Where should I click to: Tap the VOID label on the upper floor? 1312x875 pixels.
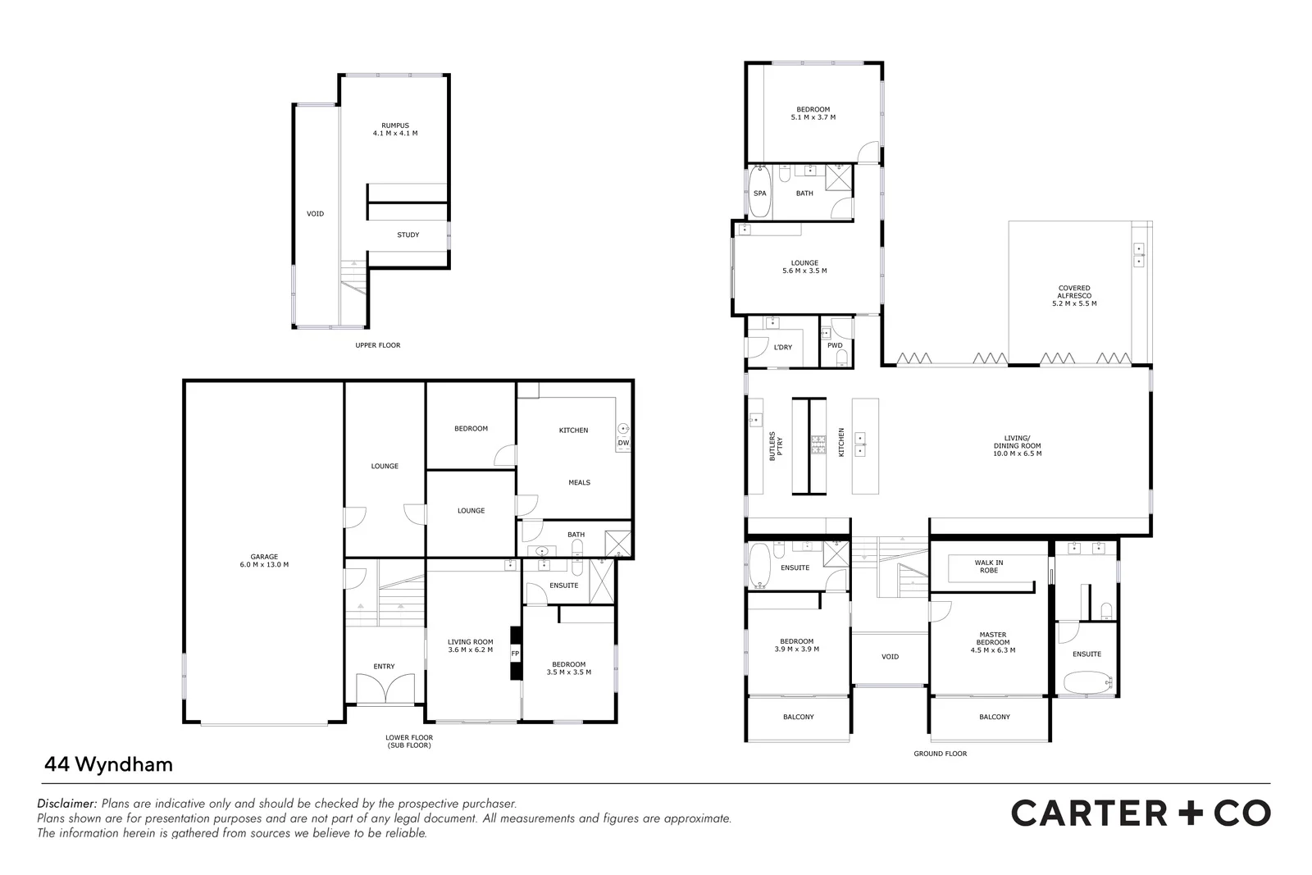[315, 214]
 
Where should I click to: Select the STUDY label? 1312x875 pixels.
[408, 235]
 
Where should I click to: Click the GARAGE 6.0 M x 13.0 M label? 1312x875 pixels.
[264, 561]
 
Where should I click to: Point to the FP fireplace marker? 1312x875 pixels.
[515, 654]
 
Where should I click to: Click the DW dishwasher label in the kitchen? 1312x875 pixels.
[623, 443]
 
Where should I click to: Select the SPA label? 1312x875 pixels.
[759, 194]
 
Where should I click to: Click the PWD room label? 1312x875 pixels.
[835, 346]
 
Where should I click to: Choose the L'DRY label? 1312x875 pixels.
[782, 348]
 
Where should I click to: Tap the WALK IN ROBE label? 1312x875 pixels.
[988, 566]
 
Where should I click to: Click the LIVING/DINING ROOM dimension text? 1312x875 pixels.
[1017, 453]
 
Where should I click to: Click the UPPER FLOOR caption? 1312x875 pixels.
[377, 345]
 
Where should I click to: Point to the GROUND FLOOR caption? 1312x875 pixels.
[940, 754]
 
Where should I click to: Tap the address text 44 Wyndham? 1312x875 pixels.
[107, 764]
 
